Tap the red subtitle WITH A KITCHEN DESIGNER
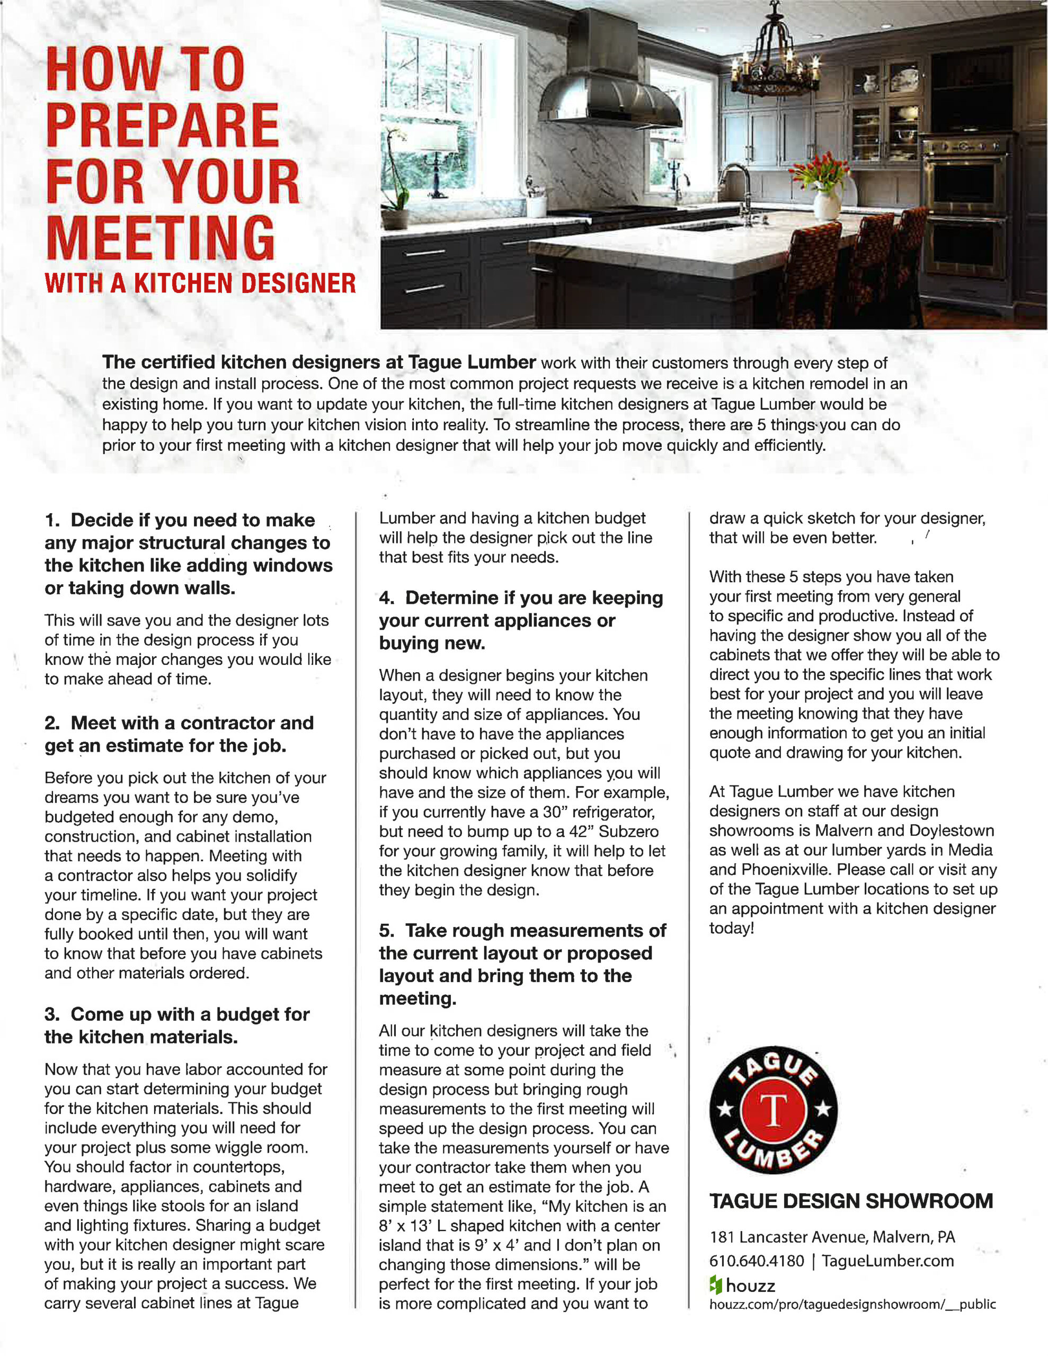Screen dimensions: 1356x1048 coord(200,283)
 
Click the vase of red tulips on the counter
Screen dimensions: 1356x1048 coord(820,186)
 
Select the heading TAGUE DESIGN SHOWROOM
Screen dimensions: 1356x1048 coord(851,1201)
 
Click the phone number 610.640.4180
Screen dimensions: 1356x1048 coord(757,1261)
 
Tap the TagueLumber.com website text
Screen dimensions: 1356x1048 coord(887,1261)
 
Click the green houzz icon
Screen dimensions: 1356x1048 coord(716,1284)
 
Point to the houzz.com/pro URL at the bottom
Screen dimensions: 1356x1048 coord(852,1304)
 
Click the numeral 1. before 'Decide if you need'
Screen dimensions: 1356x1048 coord(52,520)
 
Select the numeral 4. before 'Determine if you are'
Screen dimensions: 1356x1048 coord(386,598)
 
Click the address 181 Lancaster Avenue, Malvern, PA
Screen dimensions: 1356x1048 coord(832,1237)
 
